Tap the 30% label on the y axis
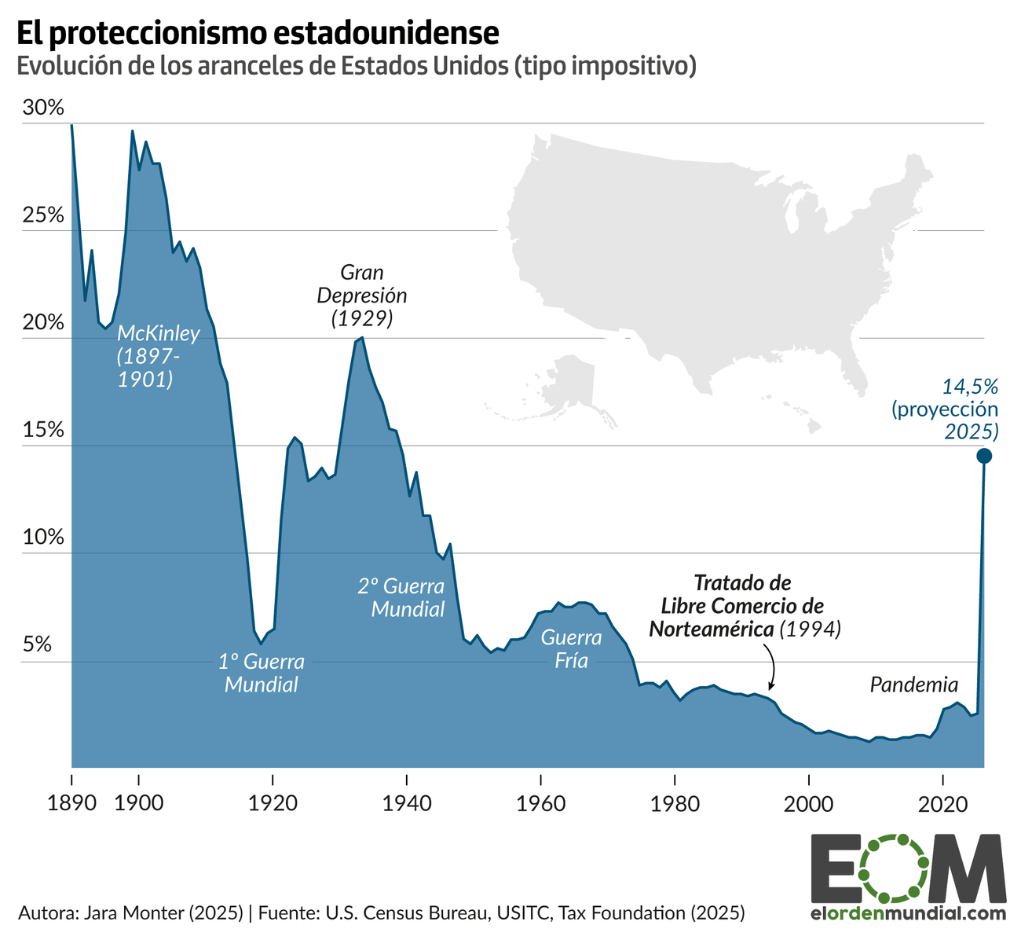pos(42,108)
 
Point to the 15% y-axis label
pos(42,431)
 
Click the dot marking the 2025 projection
pos(983,456)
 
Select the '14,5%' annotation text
pos(970,386)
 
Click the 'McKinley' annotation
pos(159,333)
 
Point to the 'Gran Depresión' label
pos(362,284)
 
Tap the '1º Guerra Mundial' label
pos(262,673)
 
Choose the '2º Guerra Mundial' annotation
pos(401,597)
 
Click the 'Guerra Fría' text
pos(571,648)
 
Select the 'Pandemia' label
pos(914,685)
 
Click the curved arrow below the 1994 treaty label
pos(770,665)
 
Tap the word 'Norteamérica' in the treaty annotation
pos(712,629)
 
